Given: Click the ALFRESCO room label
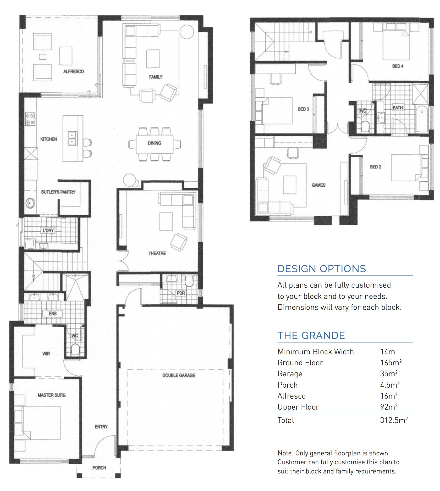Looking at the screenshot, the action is [x=74, y=71].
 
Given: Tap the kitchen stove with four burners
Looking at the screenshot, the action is [x=30, y=119].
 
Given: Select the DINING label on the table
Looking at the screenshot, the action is [x=155, y=143].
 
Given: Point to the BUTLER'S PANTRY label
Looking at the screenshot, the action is [x=58, y=192].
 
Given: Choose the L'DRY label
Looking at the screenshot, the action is [x=48, y=231].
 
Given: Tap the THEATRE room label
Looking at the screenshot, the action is [x=157, y=253].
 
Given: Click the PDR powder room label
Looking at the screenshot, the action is [x=181, y=293].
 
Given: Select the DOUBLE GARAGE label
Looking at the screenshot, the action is [x=179, y=375].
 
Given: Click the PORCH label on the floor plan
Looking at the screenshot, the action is [x=99, y=468].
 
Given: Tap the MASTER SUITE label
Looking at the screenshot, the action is [x=52, y=395].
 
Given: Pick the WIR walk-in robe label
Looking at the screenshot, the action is [x=46, y=354].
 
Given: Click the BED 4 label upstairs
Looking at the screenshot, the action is [x=398, y=66].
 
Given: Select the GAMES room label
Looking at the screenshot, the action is [x=318, y=185].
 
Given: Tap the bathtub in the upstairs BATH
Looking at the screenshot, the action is [x=422, y=119].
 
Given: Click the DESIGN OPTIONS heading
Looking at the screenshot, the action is [x=322, y=269].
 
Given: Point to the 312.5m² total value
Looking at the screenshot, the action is [x=394, y=420].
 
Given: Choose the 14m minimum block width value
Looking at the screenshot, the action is [x=388, y=352].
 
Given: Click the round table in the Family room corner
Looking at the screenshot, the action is [x=187, y=32].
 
